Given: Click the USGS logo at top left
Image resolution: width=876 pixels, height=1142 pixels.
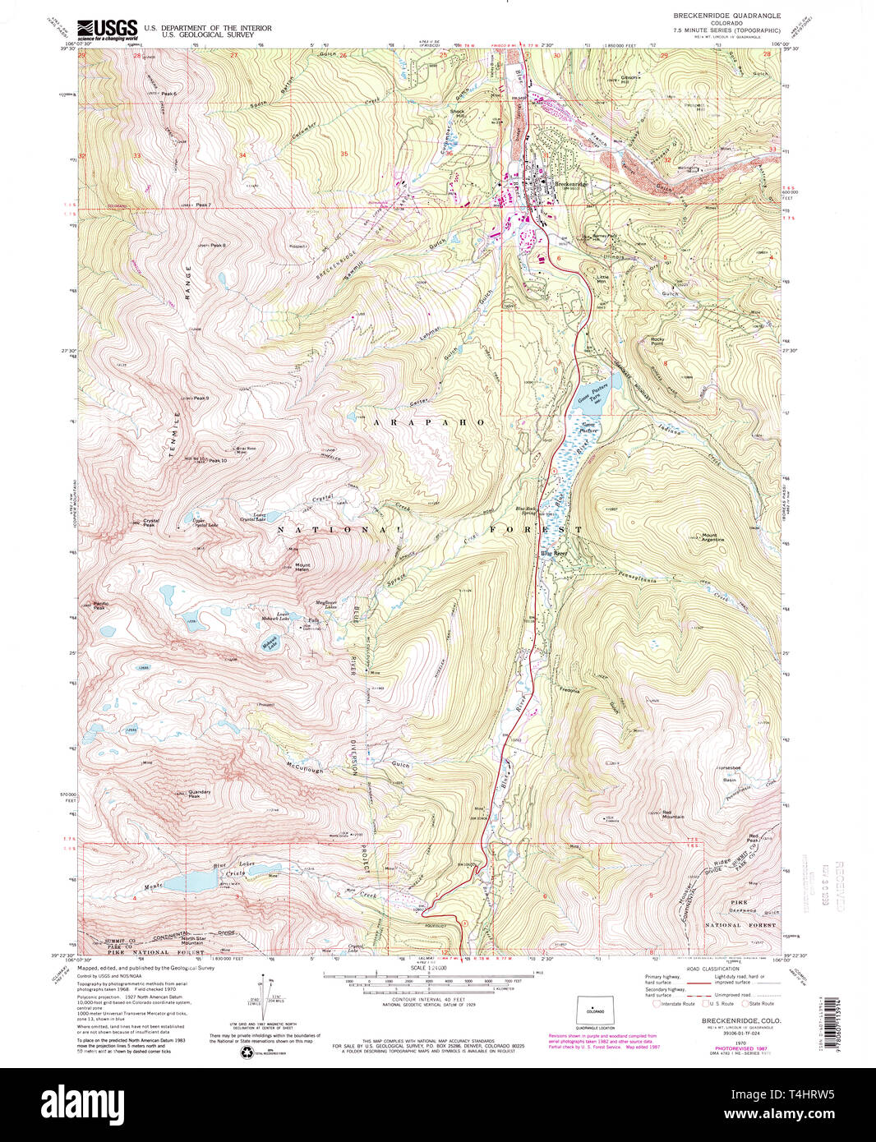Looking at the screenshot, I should (x=108, y=30).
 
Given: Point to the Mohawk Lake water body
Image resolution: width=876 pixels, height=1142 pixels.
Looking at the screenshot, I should (x=269, y=643).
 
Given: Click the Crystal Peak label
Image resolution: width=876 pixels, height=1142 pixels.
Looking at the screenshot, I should (x=150, y=523).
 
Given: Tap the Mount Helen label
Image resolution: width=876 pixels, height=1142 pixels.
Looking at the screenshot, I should (x=302, y=567).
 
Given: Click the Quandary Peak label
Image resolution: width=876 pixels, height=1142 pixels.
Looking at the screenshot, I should (x=200, y=794).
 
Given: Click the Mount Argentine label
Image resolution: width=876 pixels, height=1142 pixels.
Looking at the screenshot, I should (x=713, y=538).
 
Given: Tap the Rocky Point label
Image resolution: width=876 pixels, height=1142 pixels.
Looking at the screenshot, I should (x=657, y=340).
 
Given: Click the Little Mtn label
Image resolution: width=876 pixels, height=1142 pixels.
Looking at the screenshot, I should (x=603, y=279).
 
